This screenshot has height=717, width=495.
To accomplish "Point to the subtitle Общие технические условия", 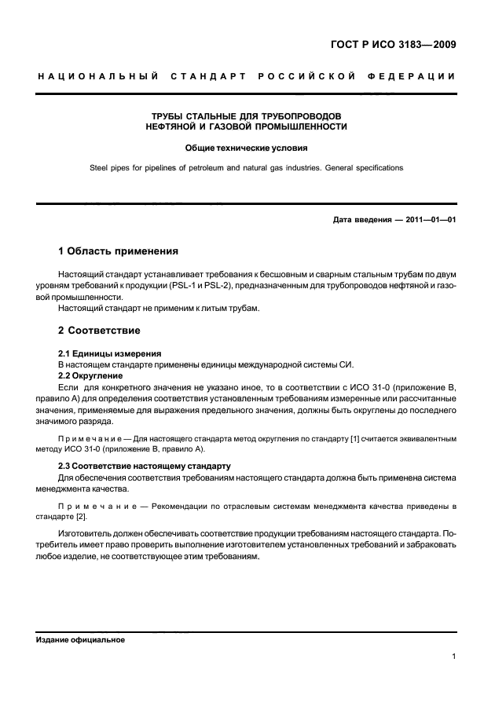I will coord(246,148).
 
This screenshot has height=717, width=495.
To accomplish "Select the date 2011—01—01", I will coord(428,219).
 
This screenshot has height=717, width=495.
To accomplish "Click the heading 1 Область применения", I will coord(118,252).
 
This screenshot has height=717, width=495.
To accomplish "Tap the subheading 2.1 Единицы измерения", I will coord(110,354).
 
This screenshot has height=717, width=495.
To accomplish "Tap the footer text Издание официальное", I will coord(81,639).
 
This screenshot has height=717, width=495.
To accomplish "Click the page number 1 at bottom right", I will coord(454,658).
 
